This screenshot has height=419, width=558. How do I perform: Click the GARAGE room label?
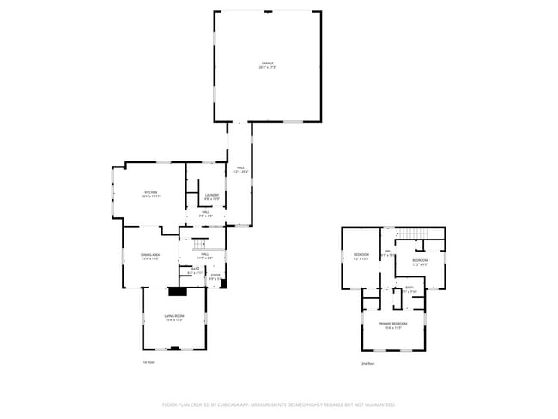pyautogui.click(x=269, y=64)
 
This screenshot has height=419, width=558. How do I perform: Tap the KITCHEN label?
pyautogui.click(x=152, y=192)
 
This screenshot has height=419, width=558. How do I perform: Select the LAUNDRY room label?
pyautogui.click(x=212, y=195)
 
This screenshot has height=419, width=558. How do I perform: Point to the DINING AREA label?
pyautogui.click(x=152, y=255)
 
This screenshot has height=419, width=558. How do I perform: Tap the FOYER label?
pyautogui.click(x=215, y=275)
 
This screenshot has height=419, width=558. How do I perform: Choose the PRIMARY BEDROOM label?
pyautogui.click(x=393, y=324)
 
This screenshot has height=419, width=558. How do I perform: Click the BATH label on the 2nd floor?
pyautogui.click(x=410, y=288)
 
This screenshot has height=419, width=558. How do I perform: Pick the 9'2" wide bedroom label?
pyautogui.click(x=361, y=255)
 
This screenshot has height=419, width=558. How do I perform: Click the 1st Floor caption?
pyautogui.click(x=148, y=363)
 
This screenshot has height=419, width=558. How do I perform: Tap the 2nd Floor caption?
pyautogui.click(x=368, y=363)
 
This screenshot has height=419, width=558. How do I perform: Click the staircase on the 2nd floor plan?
pyautogui.click(x=415, y=235)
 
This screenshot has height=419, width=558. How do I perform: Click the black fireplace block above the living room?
pyautogui.click(x=177, y=291)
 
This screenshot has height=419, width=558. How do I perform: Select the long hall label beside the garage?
pyautogui.click(x=240, y=169)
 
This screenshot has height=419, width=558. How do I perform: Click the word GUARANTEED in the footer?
pyautogui.click(x=375, y=404)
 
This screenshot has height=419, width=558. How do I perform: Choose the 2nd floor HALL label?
pyautogui.click(x=388, y=252)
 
